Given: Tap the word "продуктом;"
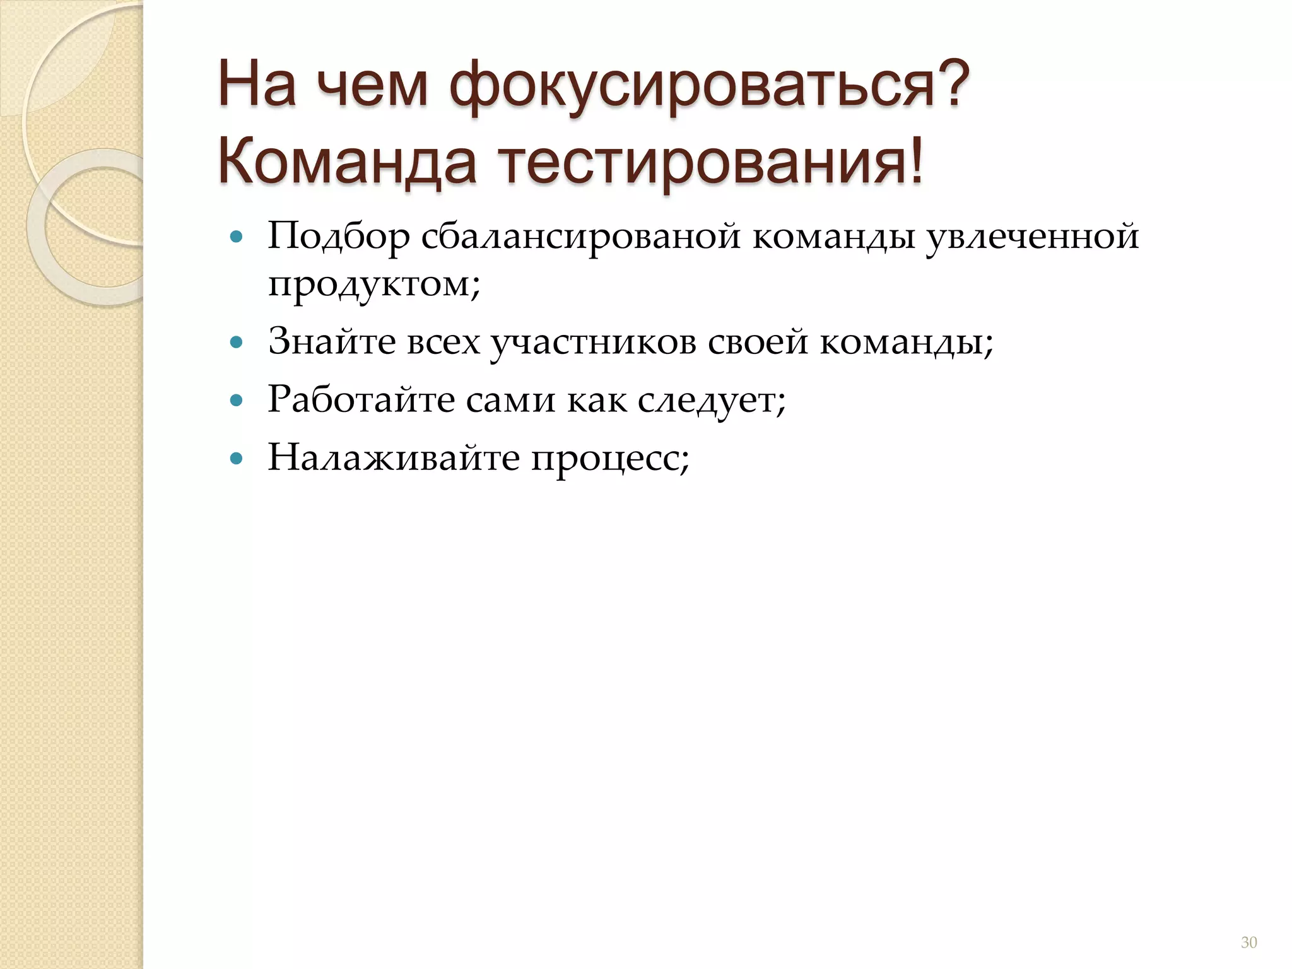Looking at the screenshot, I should pos(374,285).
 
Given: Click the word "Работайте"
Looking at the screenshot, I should pos(361,399).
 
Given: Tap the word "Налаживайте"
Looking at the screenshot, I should pos(393,457).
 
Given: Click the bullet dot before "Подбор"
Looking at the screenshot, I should pos(237,238).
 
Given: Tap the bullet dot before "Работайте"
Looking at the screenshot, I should pos(237,400).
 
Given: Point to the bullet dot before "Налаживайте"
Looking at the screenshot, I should pos(237,458).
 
